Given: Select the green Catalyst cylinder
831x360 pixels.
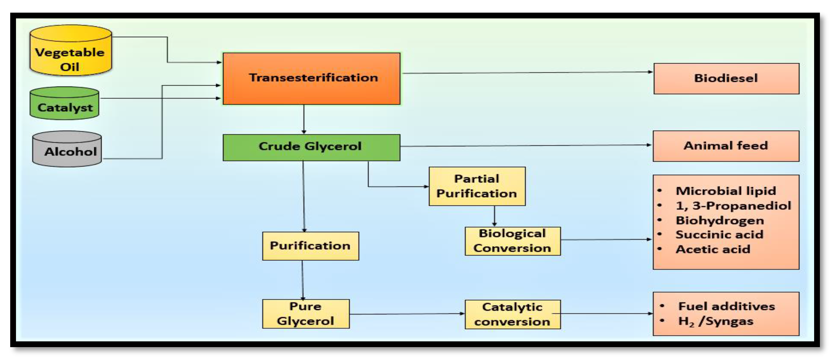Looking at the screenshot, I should click(65, 104).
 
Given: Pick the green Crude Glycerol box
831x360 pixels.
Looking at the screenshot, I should click(311, 147).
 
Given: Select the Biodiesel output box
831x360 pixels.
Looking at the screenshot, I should click(726, 78).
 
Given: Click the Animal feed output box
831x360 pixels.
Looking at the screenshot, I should click(726, 146).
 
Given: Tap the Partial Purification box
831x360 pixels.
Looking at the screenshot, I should click(477, 186).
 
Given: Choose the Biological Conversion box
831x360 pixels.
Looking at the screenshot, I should click(512, 241).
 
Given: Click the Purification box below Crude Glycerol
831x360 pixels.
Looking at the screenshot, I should click(310, 246).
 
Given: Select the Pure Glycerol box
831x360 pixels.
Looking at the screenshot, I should click(305, 314).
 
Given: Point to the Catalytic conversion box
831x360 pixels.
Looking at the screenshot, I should click(512, 314).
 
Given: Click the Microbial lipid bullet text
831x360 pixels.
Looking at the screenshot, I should click(726, 191).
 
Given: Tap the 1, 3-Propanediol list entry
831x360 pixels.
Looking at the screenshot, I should click(733, 206).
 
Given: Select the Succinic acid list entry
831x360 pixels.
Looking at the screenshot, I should click(719, 235).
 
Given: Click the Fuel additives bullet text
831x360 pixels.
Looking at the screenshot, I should click(726, 306).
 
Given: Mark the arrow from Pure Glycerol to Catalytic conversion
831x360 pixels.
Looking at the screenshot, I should click(407, 314).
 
